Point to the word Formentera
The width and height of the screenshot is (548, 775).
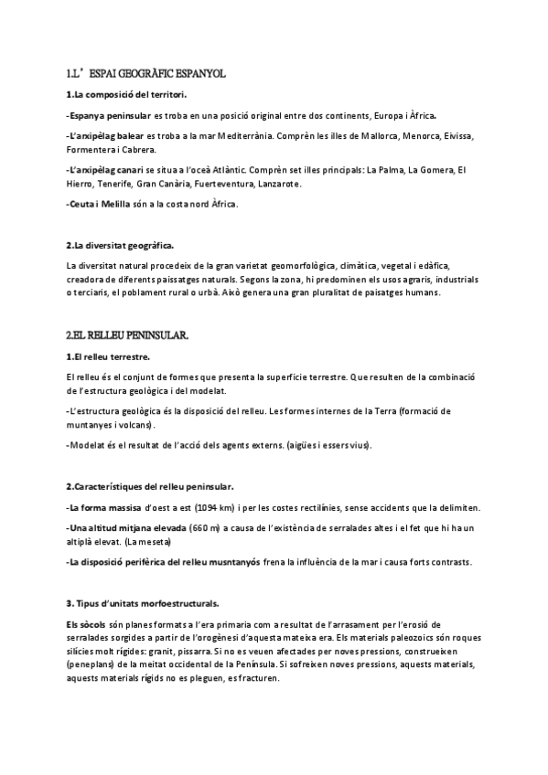[x=92, y=150]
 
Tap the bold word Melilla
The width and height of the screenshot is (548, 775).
[x=115, y=204]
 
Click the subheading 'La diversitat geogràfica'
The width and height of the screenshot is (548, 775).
[x=123, y=245]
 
